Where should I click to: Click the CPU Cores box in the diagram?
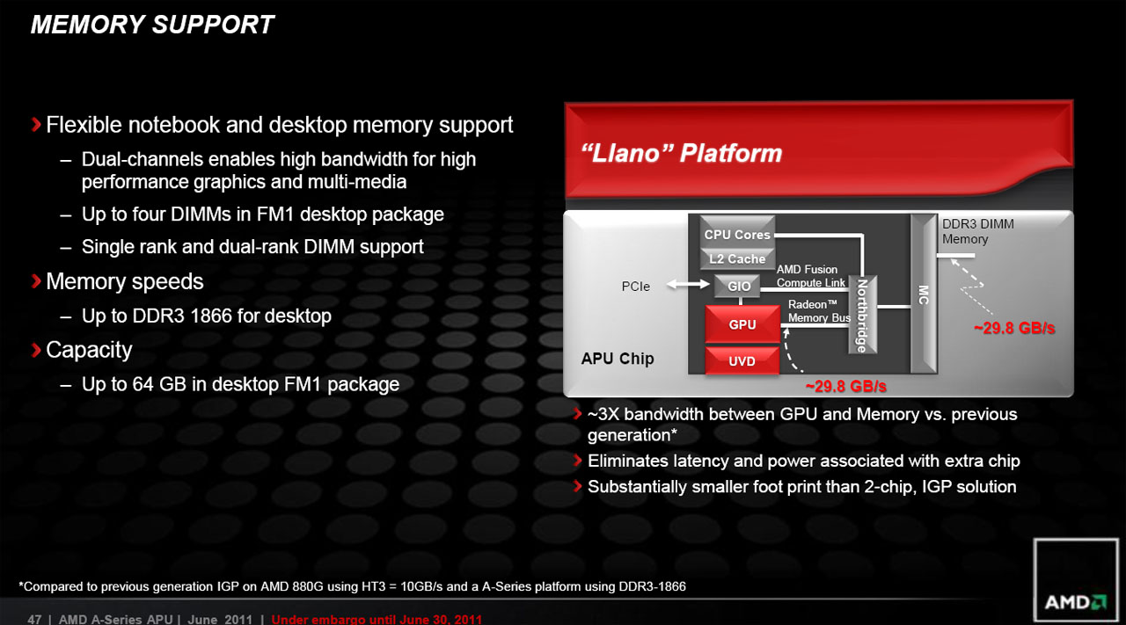[737, 235]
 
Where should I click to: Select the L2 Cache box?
[737, 259]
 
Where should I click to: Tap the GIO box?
[739, 287]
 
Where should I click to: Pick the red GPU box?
[742, 324]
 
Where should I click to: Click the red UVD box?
[742, 361]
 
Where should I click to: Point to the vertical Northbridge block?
[863, 315]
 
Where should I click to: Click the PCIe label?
[635, 287]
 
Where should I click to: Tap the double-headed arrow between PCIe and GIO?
[687, 285]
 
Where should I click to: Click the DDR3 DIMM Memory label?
[977, 231]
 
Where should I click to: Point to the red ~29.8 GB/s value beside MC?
[1013, 328]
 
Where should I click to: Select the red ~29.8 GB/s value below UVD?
[845, 386]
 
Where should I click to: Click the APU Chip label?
[618, 359]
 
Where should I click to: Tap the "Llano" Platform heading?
[682, 154]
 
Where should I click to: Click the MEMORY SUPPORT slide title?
[152, 25]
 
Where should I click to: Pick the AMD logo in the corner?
[1074, 603]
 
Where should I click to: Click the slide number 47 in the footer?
[34, 619]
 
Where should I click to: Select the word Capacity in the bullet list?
[89, 350]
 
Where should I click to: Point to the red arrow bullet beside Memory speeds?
[36, 281]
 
